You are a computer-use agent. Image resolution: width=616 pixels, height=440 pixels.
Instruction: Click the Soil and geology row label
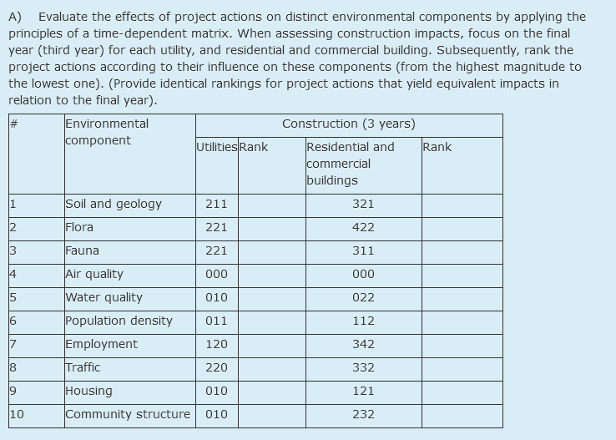(114, 204)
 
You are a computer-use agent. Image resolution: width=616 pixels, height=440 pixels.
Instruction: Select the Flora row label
(79, 227)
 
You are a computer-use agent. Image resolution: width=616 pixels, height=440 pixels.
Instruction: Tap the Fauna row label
(82, 250)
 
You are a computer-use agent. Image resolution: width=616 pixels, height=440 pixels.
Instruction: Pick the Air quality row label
(94, 274)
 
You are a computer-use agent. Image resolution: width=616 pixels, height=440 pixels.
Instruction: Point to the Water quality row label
(104, 297)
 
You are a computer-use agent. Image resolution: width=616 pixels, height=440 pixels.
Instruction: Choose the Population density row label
(119, 321)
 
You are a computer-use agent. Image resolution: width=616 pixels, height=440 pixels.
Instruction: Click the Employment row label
(101, 344)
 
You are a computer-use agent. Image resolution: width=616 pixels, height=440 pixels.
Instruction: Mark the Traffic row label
(83, 367)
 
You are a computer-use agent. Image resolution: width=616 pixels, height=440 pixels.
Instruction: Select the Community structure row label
(128, 414)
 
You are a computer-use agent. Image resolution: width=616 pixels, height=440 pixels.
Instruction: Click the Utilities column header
(217, 147)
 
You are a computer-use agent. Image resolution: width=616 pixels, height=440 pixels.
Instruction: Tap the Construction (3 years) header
(349, 124)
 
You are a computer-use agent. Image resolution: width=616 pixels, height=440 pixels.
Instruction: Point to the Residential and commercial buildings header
(350, 164)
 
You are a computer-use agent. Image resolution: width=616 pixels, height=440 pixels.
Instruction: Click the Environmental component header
(107, 132)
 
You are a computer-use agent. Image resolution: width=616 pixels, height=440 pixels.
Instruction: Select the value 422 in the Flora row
(363, 227)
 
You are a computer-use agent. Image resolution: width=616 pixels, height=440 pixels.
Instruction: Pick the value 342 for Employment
(363, 344)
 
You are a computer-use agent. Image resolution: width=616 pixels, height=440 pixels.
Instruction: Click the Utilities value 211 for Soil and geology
(216, 204)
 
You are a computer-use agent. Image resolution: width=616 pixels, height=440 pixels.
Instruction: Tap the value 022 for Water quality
(363, 297)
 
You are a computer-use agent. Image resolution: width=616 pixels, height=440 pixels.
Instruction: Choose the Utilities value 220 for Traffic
(216, 367)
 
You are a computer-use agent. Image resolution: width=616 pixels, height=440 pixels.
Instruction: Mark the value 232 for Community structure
(363, 414)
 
